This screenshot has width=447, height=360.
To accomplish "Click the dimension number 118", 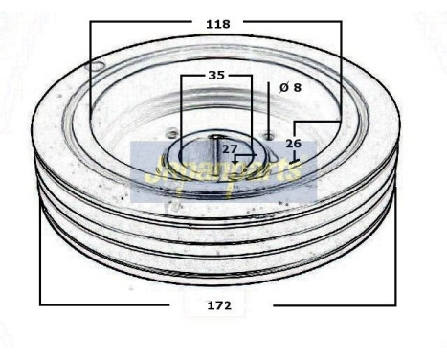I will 218,24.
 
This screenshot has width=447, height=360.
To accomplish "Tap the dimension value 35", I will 216,74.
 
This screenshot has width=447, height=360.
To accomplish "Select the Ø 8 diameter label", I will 290,86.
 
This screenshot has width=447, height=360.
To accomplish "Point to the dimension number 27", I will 230,148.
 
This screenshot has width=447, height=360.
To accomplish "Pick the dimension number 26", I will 293,144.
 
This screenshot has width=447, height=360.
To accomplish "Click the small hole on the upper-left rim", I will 99,66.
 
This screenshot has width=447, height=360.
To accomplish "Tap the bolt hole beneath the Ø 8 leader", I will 270,134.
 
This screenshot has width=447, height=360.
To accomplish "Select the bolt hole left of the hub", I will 172,133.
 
